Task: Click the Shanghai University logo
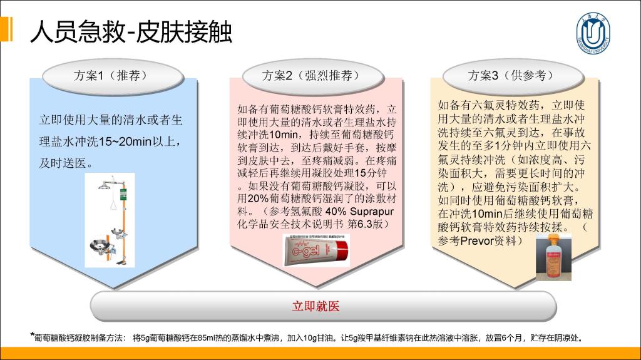tap(593, 33)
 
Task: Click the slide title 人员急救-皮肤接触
tap(131, 31)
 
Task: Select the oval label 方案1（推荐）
tap(113, 76)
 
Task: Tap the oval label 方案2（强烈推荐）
tap(313, 76)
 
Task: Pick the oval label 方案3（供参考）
tap(513, 76)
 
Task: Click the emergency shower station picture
tap(110, 220)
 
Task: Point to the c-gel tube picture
tap(316, 250)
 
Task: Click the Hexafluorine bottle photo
tap(553, 257)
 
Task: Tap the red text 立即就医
tap(315, 306)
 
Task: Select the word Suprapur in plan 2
tap(372, 212)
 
